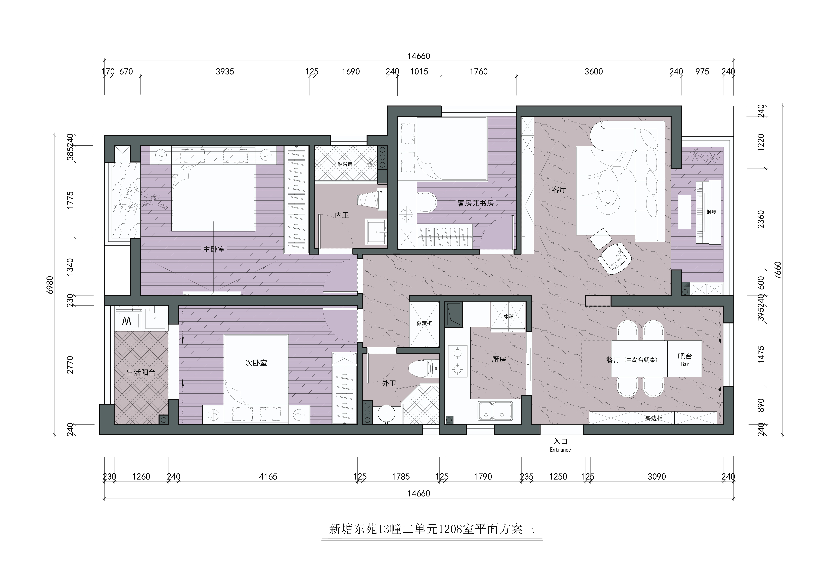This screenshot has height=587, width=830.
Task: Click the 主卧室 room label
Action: (x=214, y=249)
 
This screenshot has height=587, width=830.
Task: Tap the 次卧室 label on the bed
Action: (x=256, y=363)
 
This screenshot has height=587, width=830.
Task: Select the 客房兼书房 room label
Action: (x=475, y=203)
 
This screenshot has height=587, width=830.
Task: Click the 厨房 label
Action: (x=499, y=359)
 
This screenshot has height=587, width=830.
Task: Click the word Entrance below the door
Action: (x=560, y=450)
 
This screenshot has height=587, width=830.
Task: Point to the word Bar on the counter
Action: (x=685, y=364)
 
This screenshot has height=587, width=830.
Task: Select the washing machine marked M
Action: (x=127, y=321)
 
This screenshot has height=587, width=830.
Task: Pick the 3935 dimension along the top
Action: (x=225, y=72)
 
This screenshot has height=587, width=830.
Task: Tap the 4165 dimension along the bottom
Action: (x=268, y=477)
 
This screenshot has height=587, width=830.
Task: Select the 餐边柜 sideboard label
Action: (x=654, y=418)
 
